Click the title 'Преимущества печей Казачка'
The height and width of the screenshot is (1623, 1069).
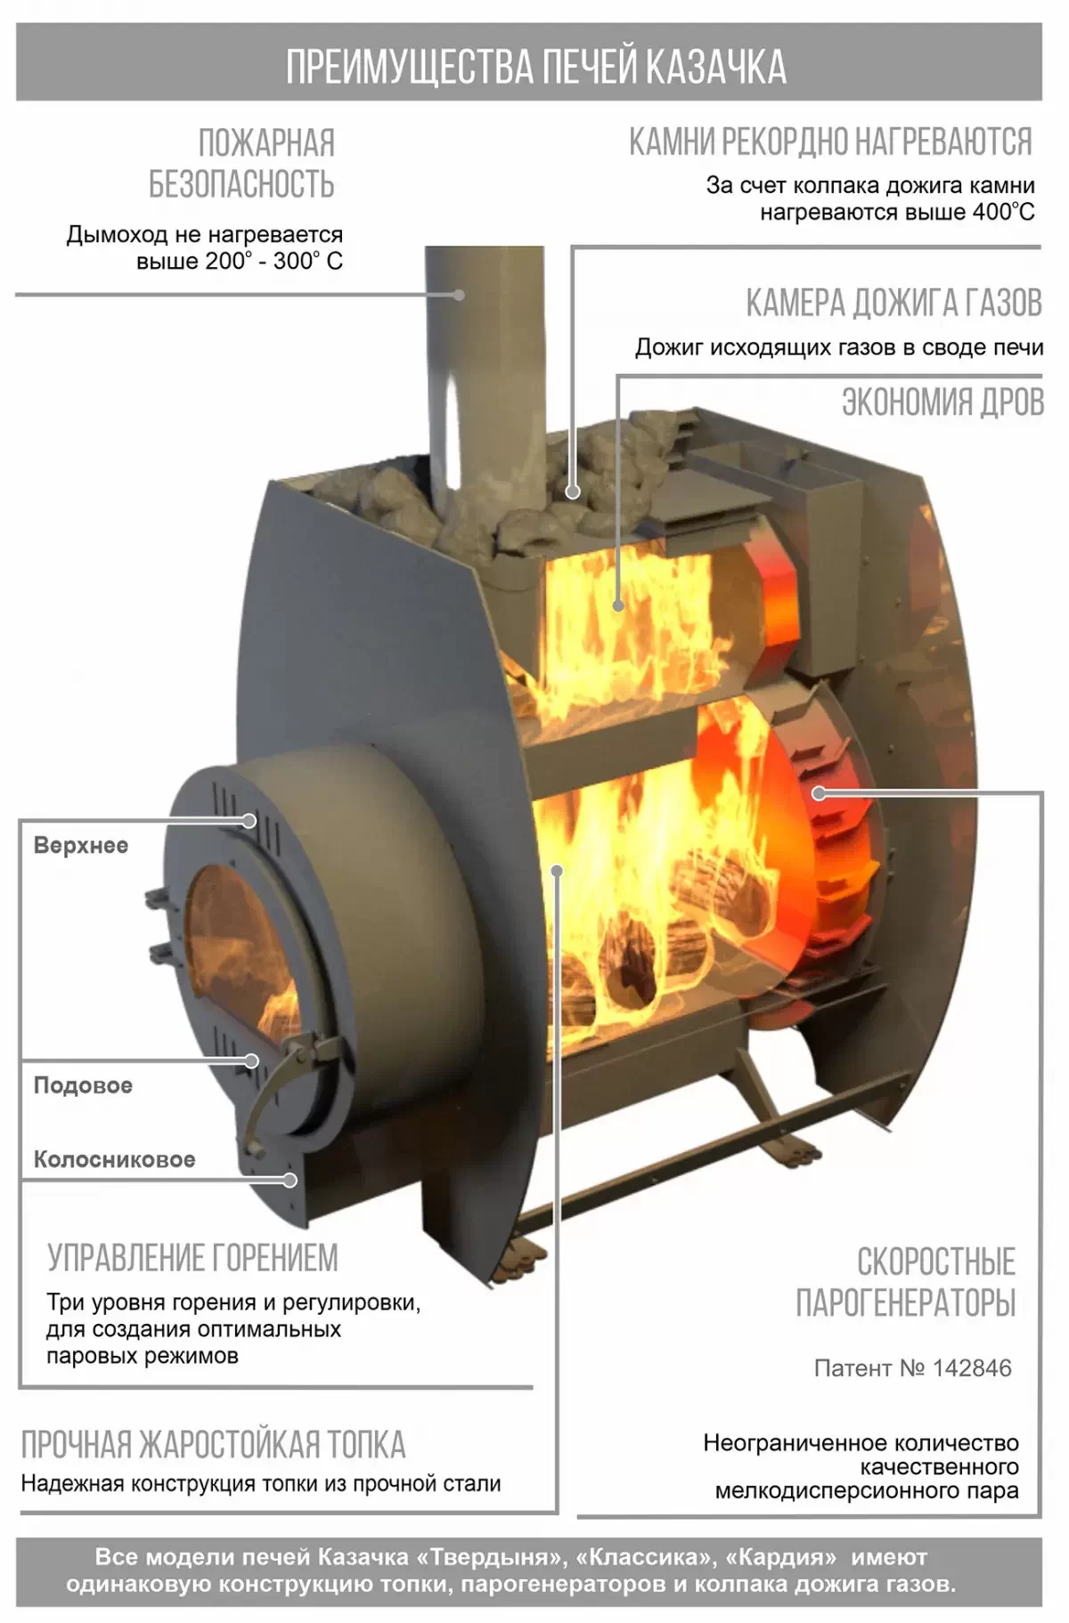(x=535, y=67)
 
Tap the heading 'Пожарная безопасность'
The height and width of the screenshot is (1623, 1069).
(x=242, y=163)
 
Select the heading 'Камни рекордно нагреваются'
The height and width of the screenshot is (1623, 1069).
(x=830, y=142)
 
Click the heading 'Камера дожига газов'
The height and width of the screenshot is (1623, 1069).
(x=894, y=303)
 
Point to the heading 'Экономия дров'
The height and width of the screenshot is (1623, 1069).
(x=943, y=402)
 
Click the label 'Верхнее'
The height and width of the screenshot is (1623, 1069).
(x=81, y=845)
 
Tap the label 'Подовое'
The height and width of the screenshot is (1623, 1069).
(x=83, y=1085)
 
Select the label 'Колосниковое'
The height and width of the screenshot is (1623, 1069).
(x=114, y=1159)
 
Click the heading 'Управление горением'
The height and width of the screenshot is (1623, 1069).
(x=193, y=1258)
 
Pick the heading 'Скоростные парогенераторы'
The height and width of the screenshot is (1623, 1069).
(x=906, y=1282)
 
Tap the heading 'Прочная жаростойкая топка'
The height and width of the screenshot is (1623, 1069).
(x=213, y=1444)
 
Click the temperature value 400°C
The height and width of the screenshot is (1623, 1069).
(x=1002, y=212)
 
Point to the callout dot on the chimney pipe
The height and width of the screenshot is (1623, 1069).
(x=460, y=294)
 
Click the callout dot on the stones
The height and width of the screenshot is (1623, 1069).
(x=573, y=491)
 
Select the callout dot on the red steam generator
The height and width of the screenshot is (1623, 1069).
(x=819, y=792)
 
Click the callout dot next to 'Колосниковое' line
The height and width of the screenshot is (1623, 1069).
(x=290, y=1180)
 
